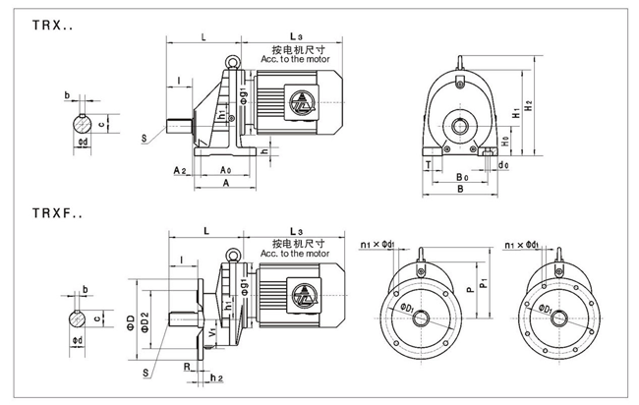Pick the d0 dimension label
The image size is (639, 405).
pos(502,166)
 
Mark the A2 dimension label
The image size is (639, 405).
pos(180,170)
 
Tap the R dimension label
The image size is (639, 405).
pos(187,365)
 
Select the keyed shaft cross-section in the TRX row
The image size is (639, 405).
pos(81,125)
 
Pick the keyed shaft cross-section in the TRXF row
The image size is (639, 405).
pos(81,318)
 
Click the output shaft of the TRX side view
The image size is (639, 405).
pos(179,126)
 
